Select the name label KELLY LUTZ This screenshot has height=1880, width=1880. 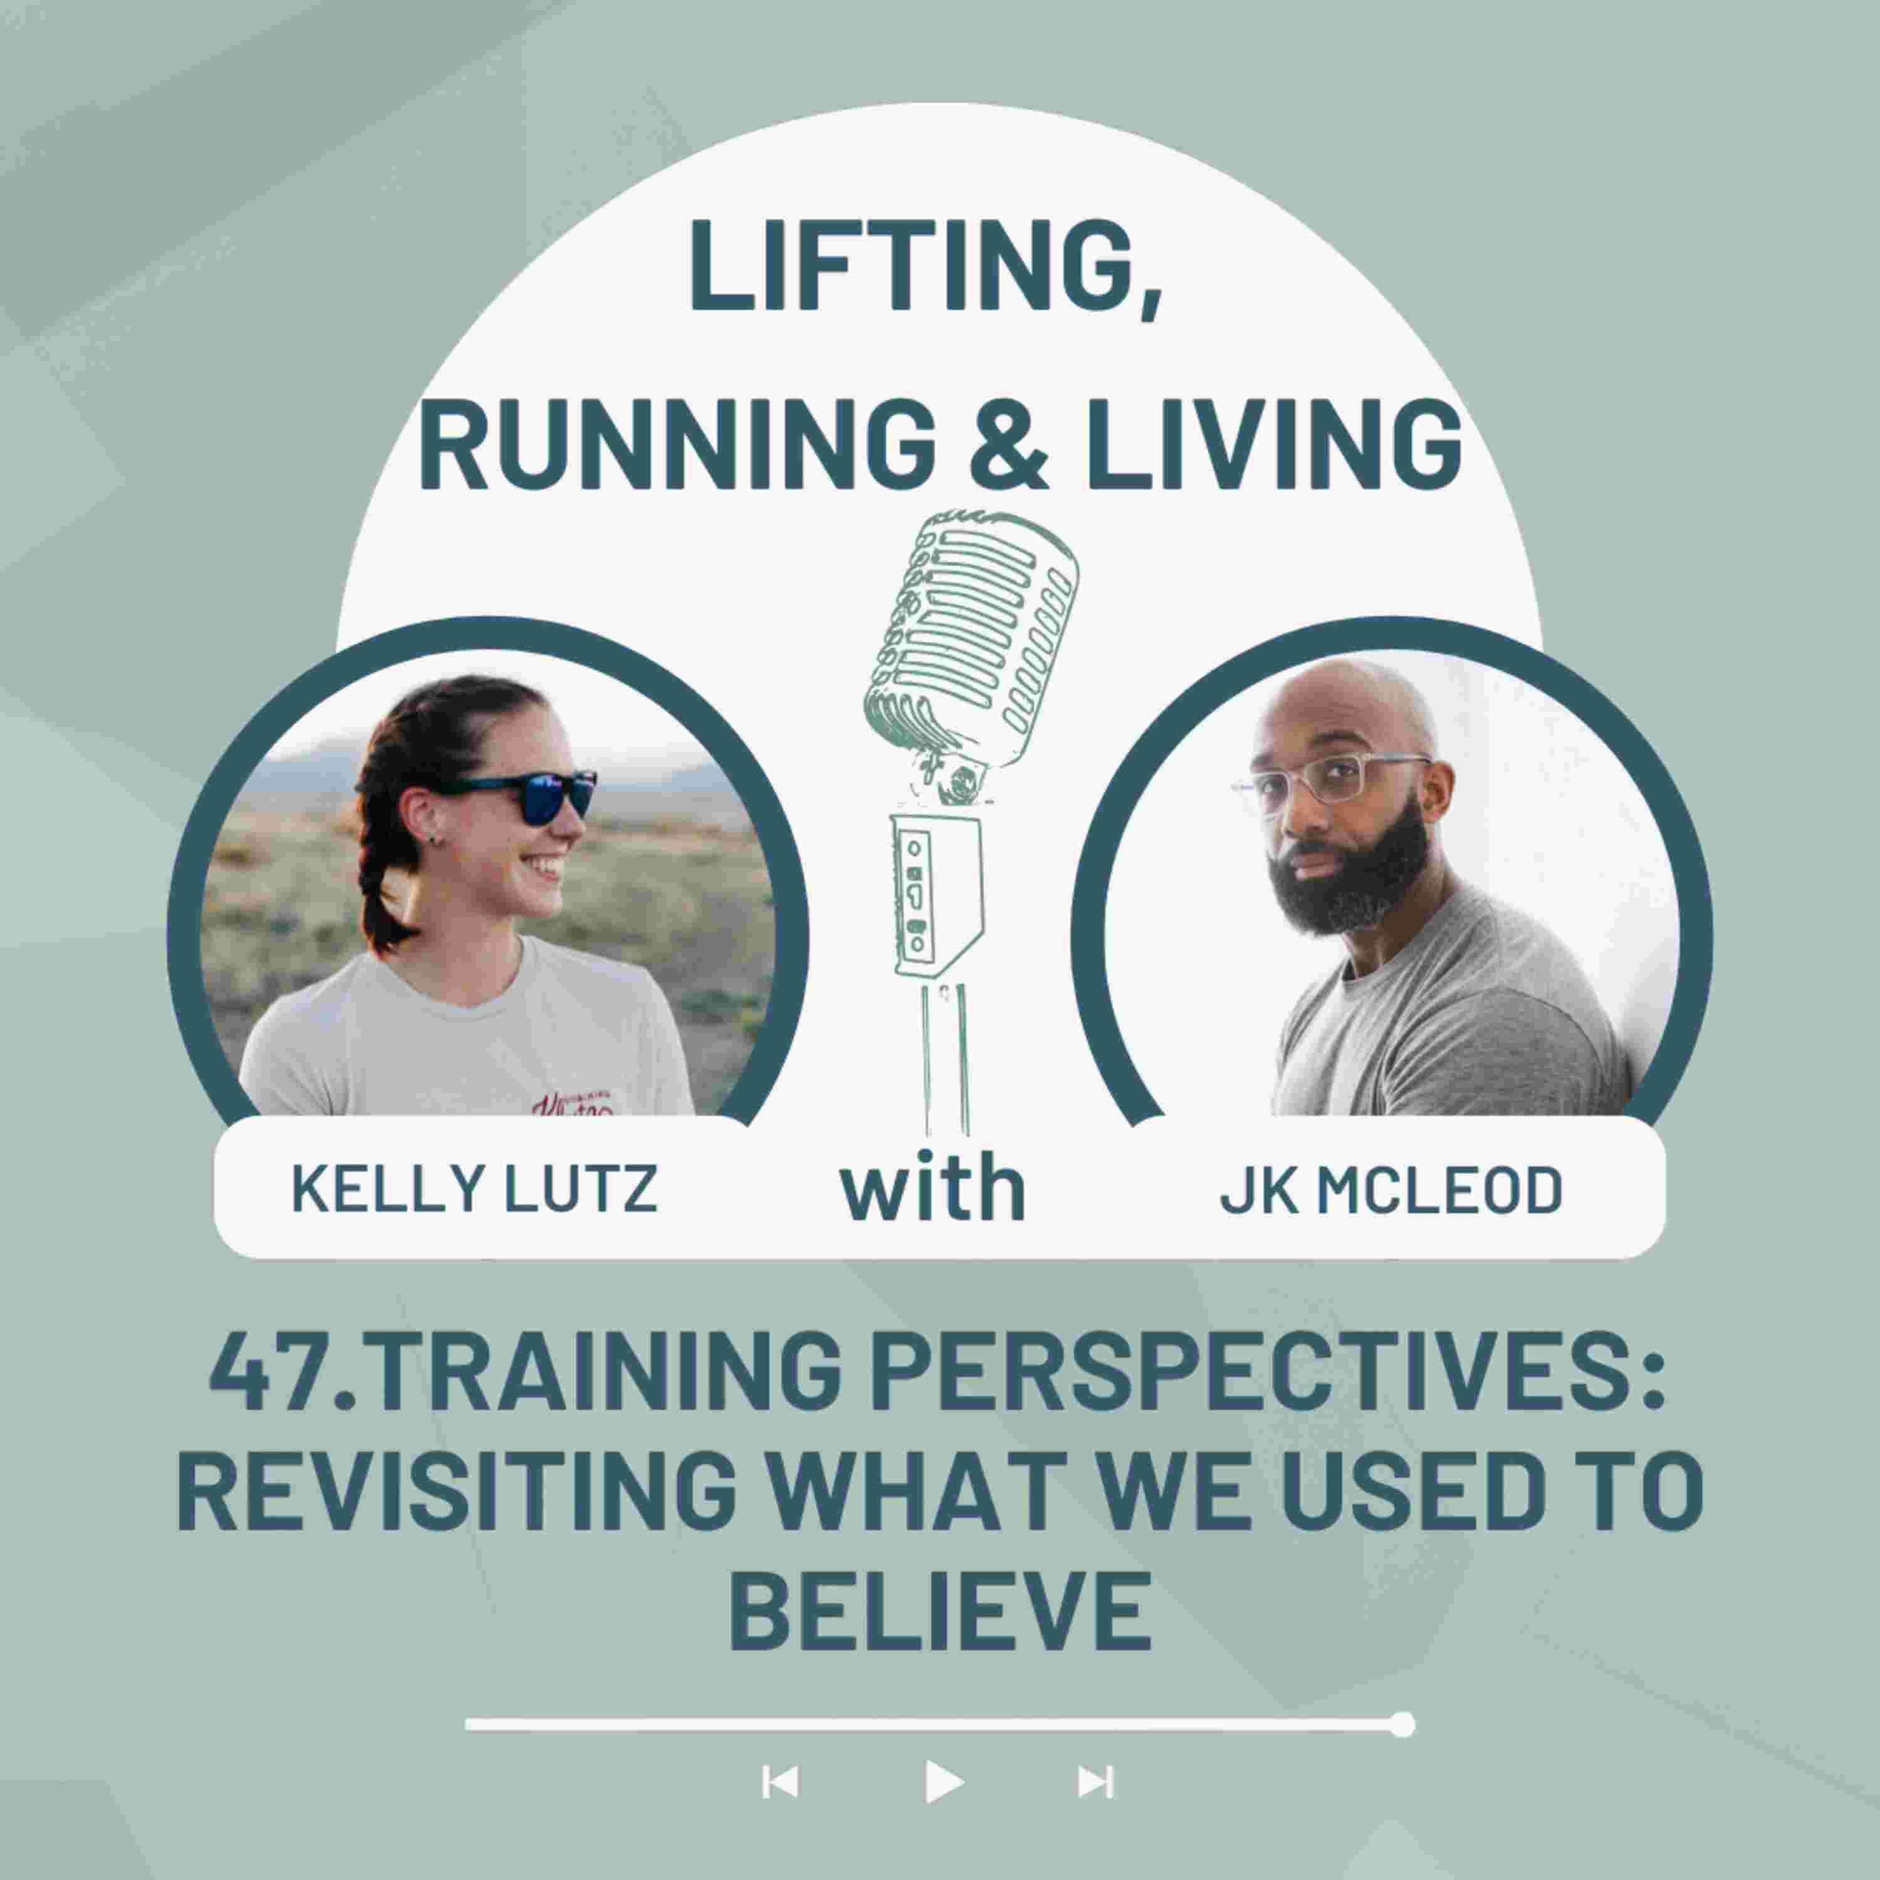[475, 1188]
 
